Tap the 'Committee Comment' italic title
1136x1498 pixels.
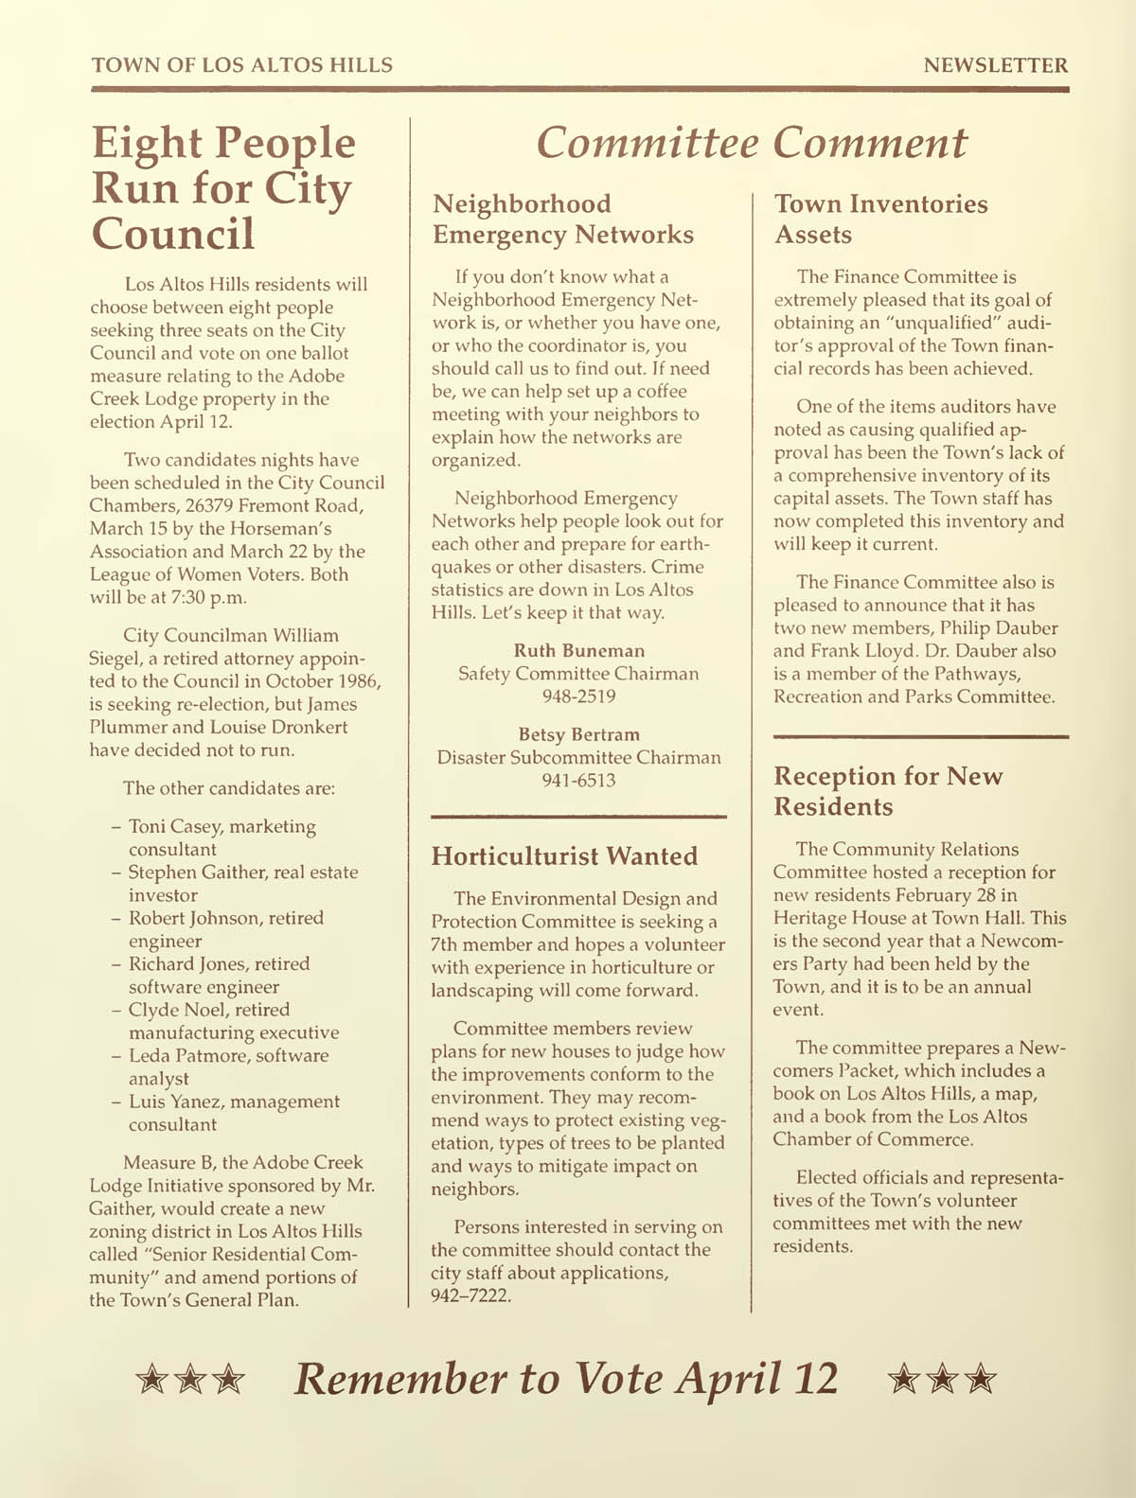pyautogui.click(x=751, y=143)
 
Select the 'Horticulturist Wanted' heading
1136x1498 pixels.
pyautogui.click(x=564, y=856)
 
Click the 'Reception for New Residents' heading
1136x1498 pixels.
pyautogui.click(x=887, y=791)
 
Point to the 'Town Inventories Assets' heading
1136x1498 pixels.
pyautogui.click(x=880, y=219)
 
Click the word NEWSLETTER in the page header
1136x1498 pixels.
pyautogui.click(x=995, y=65)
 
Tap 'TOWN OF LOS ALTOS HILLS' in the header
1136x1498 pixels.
pyautogui.click(x=241, y=65)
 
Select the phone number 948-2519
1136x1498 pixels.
pyautogui.click(x=578, y=696)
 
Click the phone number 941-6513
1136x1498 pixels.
pyautogui.click(x=578, y=781)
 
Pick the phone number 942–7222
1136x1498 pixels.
pyautogui.click(x=470, y=1295)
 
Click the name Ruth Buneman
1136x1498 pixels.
pyautogui.click(x=578, y=651)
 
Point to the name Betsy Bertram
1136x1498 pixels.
pyautogui.click(x=578, y=734)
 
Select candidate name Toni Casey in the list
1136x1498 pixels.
pyautogui.click(x=175, y=826)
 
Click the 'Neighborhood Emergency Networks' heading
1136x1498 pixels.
pyautogui.click(x=562, y=219)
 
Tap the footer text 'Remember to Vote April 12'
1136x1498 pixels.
pyautogui.click(x=566, y=1379)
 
